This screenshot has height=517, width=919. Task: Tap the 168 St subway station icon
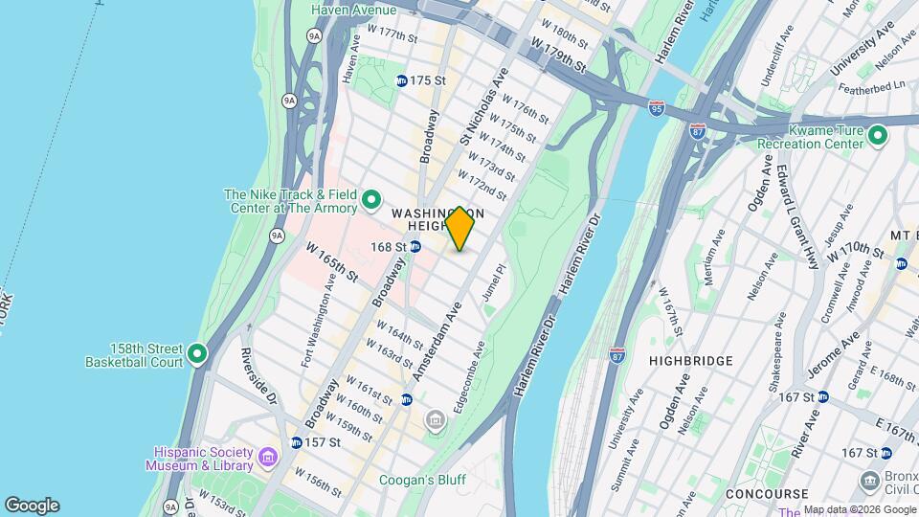pos(415,247)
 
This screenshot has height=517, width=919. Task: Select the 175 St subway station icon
pos(401,81)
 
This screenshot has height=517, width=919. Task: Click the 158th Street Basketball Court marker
pos(198,354)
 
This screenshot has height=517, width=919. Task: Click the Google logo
pos(32,505)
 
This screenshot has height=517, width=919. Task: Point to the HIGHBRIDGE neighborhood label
pos(690,361)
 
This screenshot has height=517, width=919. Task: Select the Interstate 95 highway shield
pos(657,108)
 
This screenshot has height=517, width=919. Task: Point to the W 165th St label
pos(331,262)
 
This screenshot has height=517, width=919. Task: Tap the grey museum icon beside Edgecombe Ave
pos(437,419)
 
